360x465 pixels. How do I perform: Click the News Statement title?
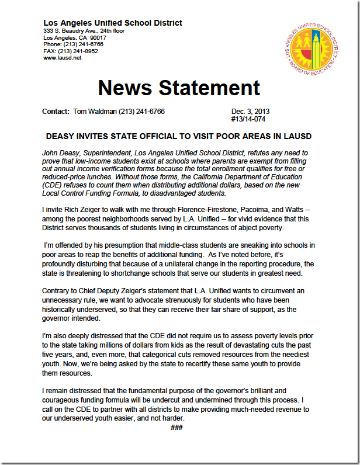click(x=179, y=87)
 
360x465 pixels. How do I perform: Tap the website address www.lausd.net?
click(x=63, y=58)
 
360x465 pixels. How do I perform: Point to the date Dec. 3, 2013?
click(x=250, y=112)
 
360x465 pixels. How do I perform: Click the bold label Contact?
click(x=56, y=112)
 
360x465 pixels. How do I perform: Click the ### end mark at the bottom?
click(x=177, y=429)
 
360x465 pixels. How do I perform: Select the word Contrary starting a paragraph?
click(x=57, y=290)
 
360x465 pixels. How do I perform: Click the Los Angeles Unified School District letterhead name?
click(x=113, y=23)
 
